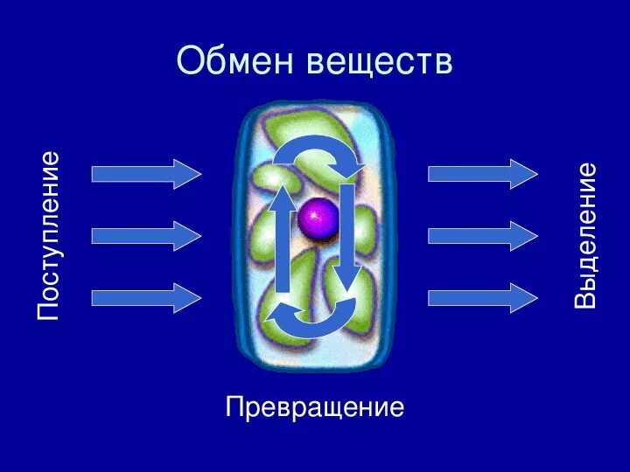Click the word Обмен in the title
coord(235,60)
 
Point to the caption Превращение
coord(315,406)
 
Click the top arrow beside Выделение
coord(482,174)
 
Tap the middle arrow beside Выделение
coord(482,236)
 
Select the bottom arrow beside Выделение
coord(482,297)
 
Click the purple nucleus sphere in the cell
coord(316,218)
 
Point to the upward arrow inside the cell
coord(283,240)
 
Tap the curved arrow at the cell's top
coord(317,150)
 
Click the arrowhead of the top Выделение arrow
coord(523,174)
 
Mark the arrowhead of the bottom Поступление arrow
coord(187,297)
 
